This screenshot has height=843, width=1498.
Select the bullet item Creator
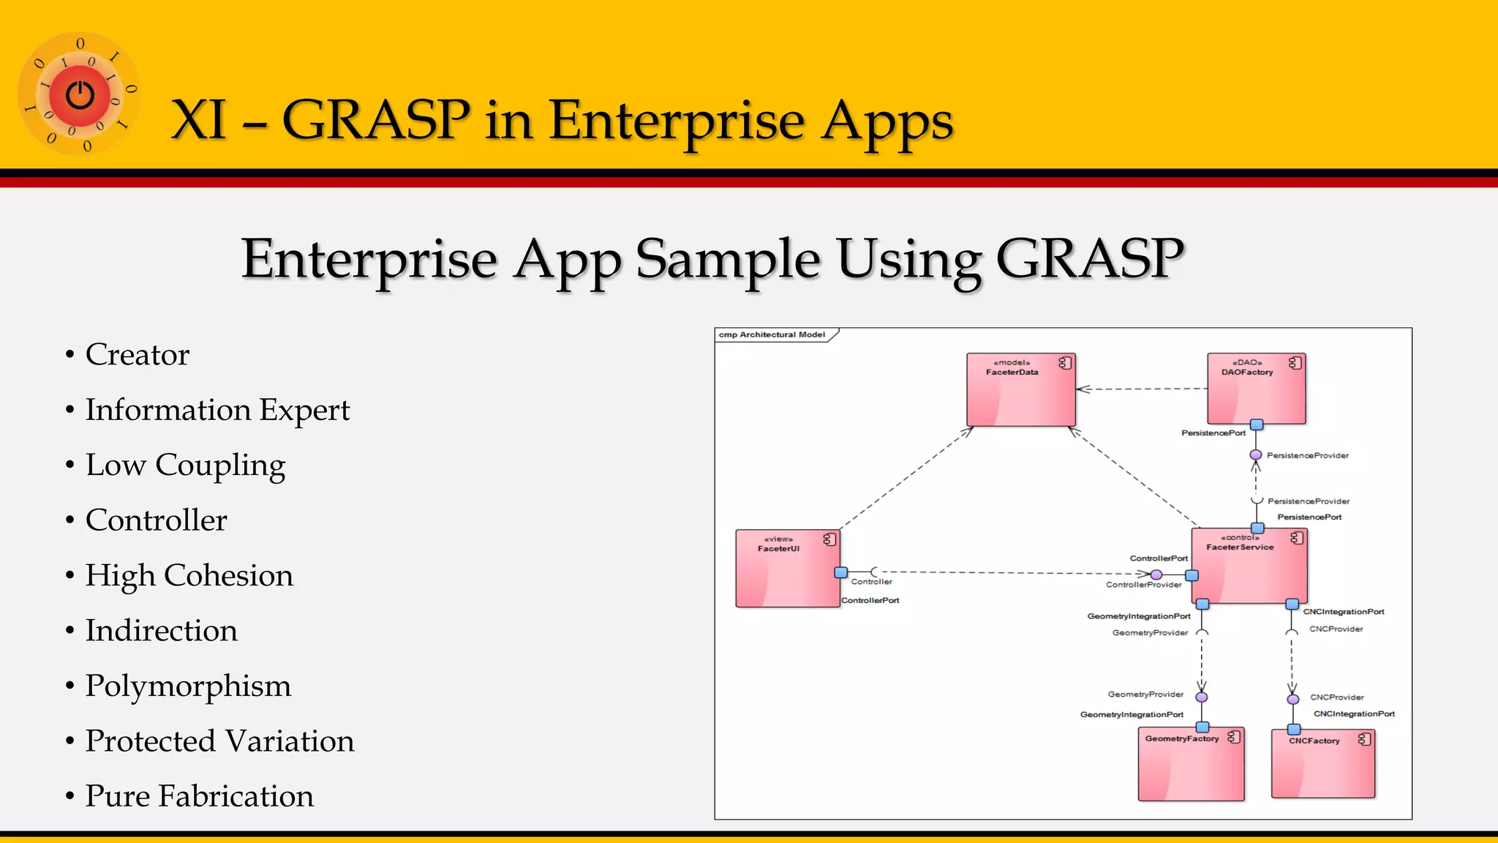(137, 355)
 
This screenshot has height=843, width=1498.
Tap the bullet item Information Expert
(217, 410)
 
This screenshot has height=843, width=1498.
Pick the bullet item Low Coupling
(185, 465)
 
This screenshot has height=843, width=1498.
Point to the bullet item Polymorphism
(188, 686)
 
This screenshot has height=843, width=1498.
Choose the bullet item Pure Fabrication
(199, 796)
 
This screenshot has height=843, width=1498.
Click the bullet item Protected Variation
(219, 741)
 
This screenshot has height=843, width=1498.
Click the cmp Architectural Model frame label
(772, 335)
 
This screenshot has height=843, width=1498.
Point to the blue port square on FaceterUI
(841, 572)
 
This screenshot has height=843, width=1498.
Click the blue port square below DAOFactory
(1257, 424)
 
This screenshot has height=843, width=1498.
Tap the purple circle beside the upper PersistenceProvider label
(1256, 455)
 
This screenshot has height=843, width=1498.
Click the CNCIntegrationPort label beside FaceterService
(1343, 612)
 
